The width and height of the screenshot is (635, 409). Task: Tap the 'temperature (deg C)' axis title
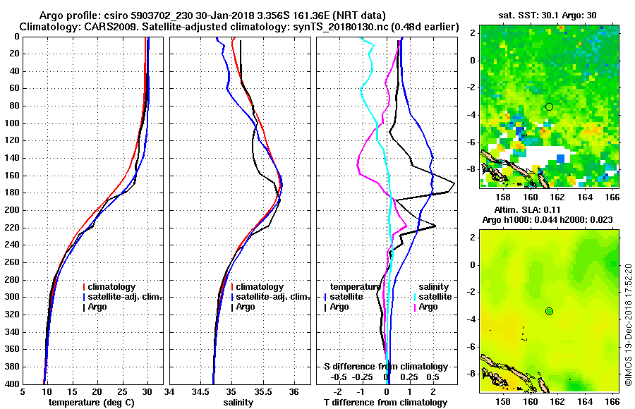91,403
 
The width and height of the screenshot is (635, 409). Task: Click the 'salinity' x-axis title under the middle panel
238,403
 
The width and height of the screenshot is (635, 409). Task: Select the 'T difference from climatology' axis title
385,403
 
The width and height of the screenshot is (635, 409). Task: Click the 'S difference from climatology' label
385,367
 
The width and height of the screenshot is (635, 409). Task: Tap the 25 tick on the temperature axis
122,392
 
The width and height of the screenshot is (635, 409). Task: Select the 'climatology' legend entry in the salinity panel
260,287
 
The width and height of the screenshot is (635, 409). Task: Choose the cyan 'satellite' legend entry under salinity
433,297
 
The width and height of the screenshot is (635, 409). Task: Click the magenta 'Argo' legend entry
428,307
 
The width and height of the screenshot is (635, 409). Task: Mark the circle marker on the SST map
549,106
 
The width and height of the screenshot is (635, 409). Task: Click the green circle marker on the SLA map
549,311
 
